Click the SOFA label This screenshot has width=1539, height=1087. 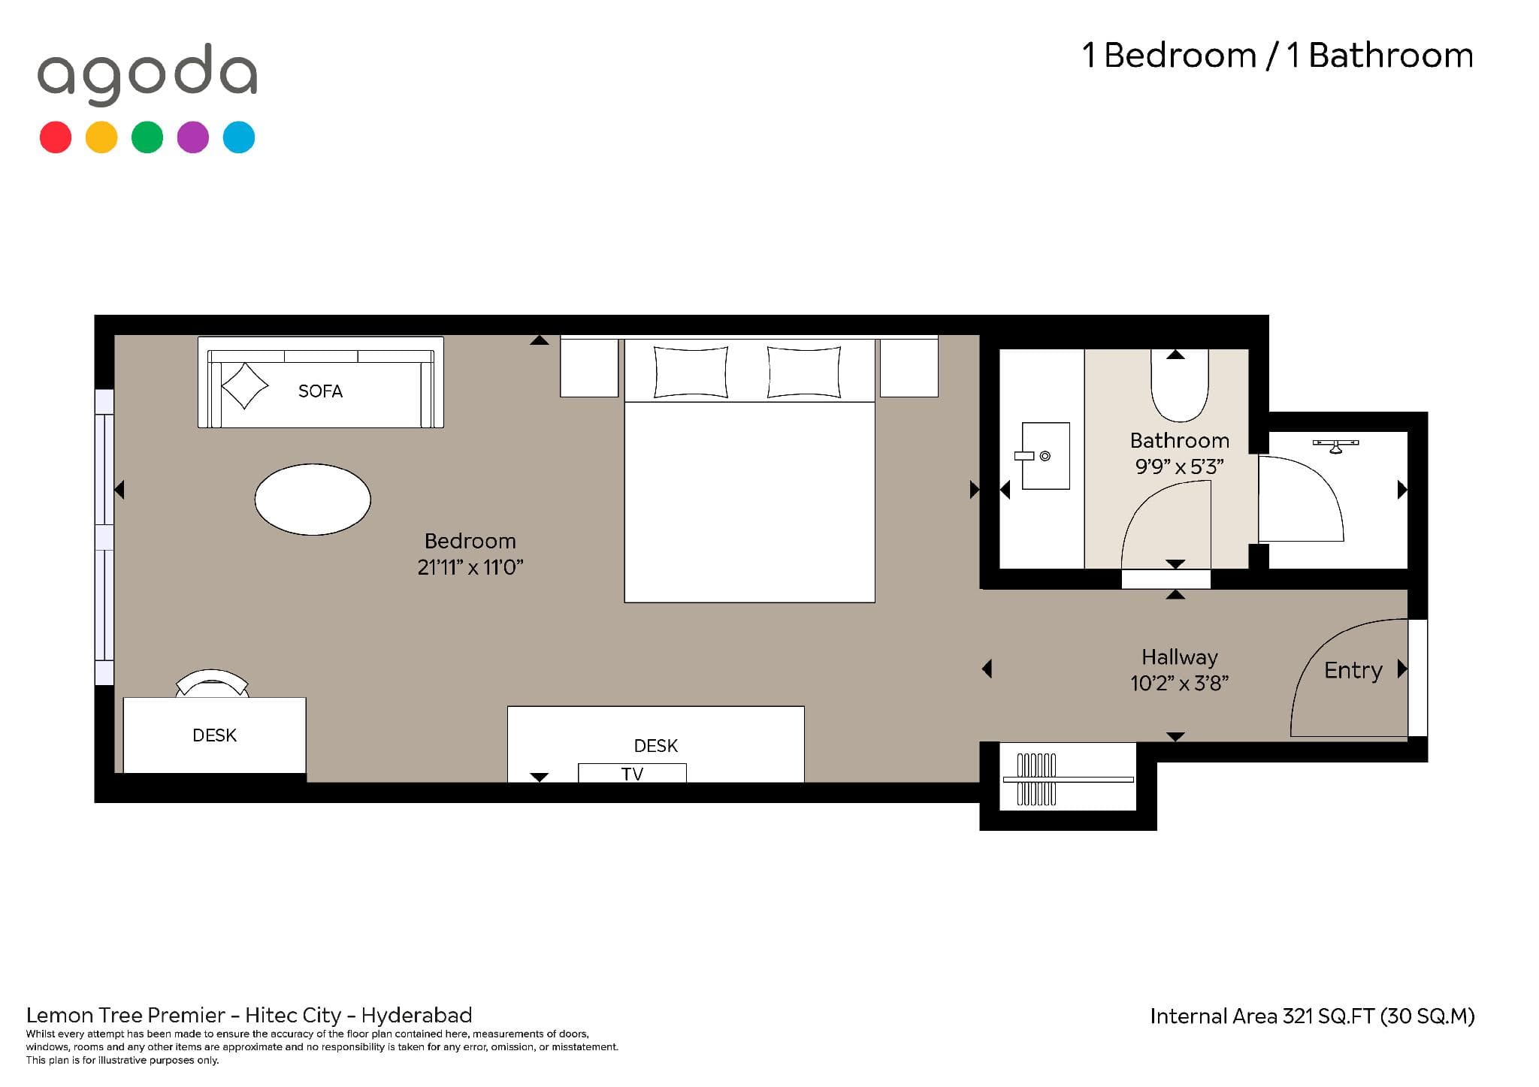pos(320,391)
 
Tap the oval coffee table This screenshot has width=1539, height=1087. pos(313,500)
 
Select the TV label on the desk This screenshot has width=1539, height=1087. pos(632,774)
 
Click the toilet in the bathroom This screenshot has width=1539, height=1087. pos(1180,385)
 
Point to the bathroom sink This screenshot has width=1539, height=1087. pos(1045,456)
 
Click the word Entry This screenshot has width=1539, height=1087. pos(1353,670)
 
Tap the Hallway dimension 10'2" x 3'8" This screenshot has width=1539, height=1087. pos(1179,683)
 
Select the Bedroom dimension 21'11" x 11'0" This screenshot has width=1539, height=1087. pos(470,567)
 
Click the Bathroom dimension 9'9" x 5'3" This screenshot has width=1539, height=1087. pos(1179,467)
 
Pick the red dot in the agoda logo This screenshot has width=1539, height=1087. pos(56,137)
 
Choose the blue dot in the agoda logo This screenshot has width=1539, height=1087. pos(239,137)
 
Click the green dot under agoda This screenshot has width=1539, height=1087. pos(147,137)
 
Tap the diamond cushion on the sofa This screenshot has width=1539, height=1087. pos(244,386)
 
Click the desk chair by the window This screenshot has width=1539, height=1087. pos(212,683)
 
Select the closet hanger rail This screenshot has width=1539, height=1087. pos(1068,780)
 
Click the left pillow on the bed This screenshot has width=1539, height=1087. pos(691,372)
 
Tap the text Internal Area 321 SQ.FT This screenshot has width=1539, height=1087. pos(1262,1016)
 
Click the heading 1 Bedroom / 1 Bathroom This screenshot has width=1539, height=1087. pos(1277,56)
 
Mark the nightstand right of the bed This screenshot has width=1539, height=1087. pos(909,368)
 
